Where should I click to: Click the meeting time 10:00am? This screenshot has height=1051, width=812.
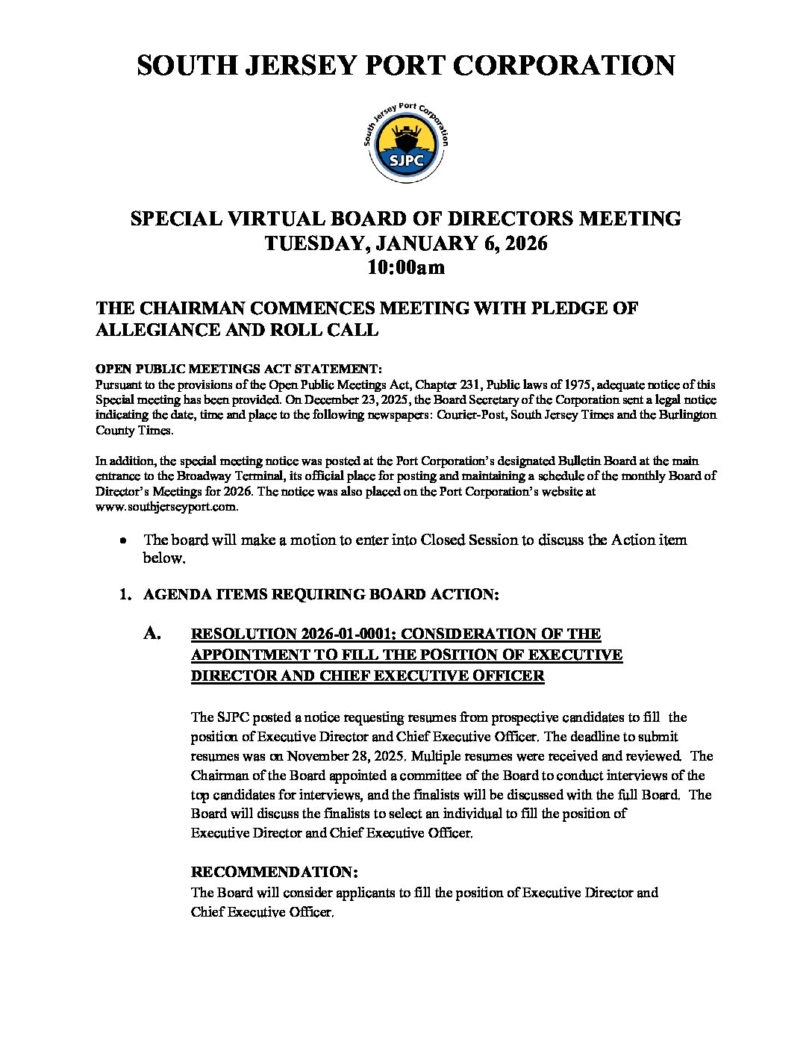(x=406, y=267)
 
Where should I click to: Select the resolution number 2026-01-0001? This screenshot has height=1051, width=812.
(x=348, y=634)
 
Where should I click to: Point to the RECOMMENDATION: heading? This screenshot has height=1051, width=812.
(x=275, y=872)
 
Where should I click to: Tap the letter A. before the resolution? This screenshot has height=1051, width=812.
(x=152, y=634)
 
